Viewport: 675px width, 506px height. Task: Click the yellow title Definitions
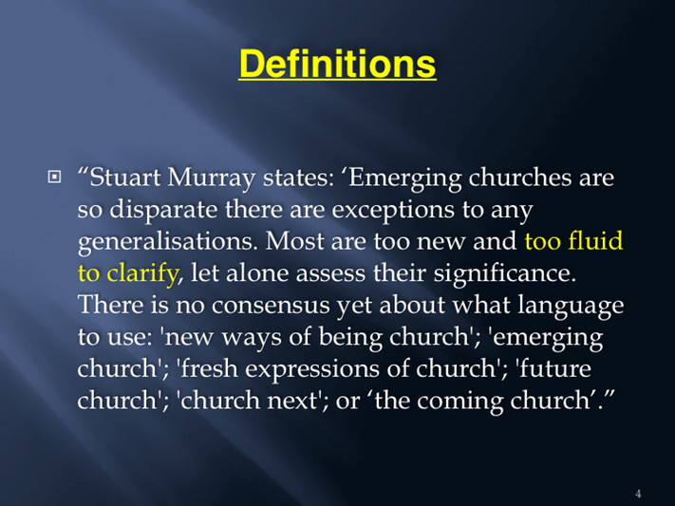click(338, 64)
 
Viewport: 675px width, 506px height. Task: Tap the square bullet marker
click(54, 177)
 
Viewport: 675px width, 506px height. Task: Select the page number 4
click(638, 494)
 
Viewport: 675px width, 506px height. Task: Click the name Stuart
click(124, 178)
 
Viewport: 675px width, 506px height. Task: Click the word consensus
click(271, 306)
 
